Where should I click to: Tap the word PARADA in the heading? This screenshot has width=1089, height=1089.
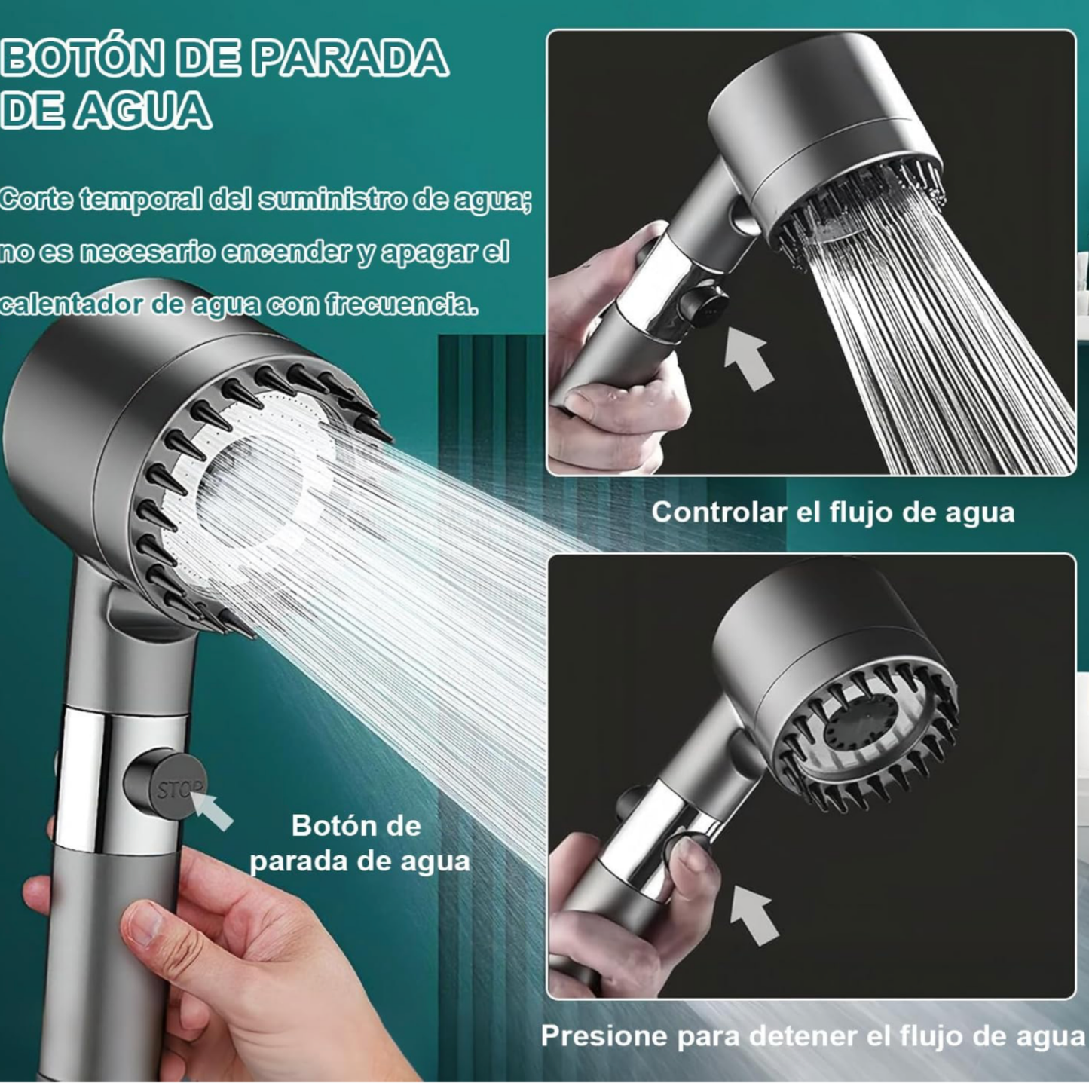coord(350,59)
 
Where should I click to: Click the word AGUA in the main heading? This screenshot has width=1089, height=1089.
coord(142,111)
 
